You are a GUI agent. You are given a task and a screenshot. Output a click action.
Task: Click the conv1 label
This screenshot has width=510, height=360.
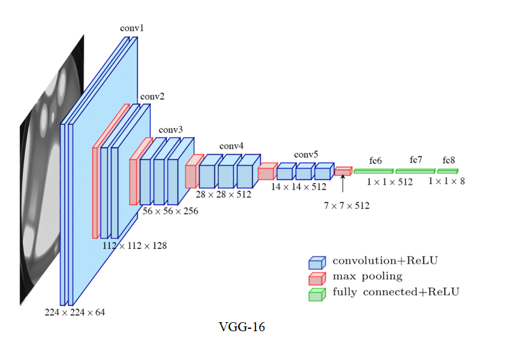pyautogui.click(x=132, y=28)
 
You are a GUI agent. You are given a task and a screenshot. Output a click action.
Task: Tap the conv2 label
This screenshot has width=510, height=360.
pyautogui.click(x=152, y=96)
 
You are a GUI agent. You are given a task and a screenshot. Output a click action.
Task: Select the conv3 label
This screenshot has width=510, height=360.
pyautogui.click(x=171, y=130)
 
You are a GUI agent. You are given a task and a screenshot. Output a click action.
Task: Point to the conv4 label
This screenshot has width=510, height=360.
pyautogui.click(x=232, y=146)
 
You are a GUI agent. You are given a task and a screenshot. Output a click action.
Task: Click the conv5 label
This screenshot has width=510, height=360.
pyautogui.click(x=306, y=155)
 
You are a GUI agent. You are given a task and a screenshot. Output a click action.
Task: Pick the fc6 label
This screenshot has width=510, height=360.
pyautogui.click(x=376, y=161)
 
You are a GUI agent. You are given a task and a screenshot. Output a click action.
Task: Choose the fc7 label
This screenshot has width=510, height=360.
pyautogui.click(x=416, y=160)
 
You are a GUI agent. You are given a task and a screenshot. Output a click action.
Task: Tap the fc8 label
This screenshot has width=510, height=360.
pyautogui.click(x=449, y=161)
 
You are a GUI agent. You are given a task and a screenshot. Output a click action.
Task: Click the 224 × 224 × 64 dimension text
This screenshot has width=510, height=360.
pyautogui.click(x=74, y=313)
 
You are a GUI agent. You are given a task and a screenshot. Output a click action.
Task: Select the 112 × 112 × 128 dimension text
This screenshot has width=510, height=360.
pyautogui.click(x=135, y=245)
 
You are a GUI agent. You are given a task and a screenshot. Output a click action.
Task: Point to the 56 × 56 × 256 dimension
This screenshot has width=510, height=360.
pyautogui.click(x=170, y=211)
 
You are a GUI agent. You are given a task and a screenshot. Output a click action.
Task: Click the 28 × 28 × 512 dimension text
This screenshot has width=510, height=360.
pyautogui.click(x=224, y=194)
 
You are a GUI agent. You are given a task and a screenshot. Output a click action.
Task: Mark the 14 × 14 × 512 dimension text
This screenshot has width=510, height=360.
pyautogui.click(x=298, y=187)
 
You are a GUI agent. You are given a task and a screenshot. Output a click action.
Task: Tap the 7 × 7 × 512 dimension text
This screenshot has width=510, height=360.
pyautogui.click(x=347, y=206)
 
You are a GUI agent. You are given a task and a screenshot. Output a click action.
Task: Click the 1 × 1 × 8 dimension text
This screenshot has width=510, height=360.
pyautogui.click(x=446, y=181)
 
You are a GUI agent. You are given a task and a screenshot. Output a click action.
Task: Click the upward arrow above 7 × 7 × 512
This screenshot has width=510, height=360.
pyautogui.click(x=343, y=184)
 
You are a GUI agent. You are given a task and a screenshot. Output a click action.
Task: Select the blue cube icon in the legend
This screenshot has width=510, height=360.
pyautogui.click(x=316, y=262)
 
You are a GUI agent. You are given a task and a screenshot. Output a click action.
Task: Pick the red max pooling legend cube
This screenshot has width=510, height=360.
pyautogui.click(x=316, y=278)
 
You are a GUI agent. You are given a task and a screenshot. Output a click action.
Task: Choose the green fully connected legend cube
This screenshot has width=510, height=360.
pyautogui.click(x=316, y=294)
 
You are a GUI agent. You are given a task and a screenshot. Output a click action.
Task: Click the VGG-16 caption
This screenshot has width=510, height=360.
pyautogui.click(x=242, y=327)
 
